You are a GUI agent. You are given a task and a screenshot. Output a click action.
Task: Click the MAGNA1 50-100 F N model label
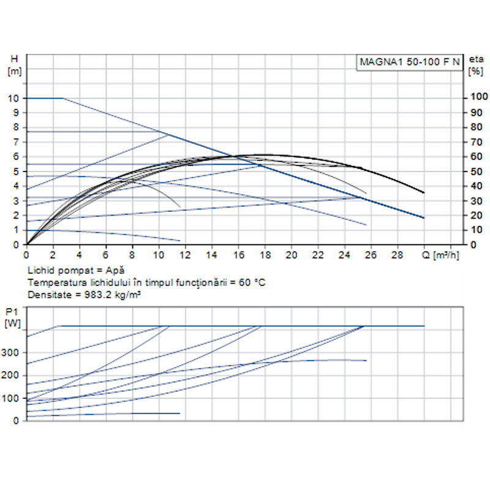(409, 62)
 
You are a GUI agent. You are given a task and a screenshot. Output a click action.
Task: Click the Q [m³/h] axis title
(440, 254)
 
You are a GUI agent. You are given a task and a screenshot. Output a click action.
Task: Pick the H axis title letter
(15, 59)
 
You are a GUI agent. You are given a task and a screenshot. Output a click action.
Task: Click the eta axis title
(475, 59)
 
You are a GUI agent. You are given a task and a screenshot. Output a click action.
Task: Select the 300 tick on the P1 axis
(12, 352)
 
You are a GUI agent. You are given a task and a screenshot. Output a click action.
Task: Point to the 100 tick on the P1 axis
(12, 399)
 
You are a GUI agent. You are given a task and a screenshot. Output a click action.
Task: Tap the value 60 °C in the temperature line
(252, 282)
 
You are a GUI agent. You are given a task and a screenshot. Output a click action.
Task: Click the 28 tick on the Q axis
(398, 254)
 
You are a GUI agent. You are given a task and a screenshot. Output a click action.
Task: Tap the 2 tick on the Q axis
(53, 254)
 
